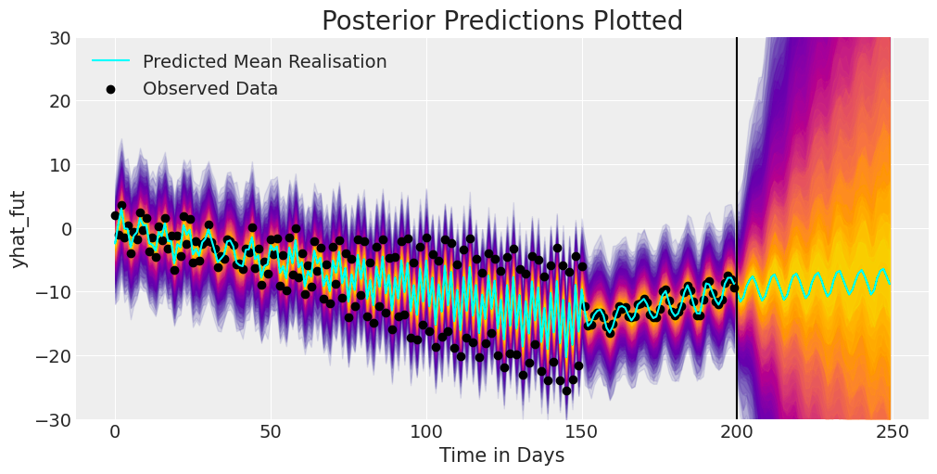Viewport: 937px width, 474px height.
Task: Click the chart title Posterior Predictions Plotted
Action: click(501, 20)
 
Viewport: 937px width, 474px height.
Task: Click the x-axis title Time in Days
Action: click(501, 455)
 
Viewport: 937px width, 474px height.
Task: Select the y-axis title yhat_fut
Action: click(19, 228)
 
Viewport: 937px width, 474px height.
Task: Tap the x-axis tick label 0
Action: click(115, 432)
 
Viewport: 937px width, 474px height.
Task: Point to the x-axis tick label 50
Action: click(270, 432)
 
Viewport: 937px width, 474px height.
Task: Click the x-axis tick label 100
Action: click(425, 432)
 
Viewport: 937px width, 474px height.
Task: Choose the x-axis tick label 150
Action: click(581, 432)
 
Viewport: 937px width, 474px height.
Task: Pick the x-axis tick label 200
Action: click(737, 432)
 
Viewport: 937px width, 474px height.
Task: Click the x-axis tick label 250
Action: click(892, 432)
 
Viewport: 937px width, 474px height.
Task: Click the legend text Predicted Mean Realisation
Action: click(264, 62)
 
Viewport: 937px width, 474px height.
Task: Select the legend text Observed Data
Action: click(209, 89)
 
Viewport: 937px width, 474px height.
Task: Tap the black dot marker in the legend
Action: click(110, 89)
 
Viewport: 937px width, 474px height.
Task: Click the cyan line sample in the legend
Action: click(110, 62)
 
